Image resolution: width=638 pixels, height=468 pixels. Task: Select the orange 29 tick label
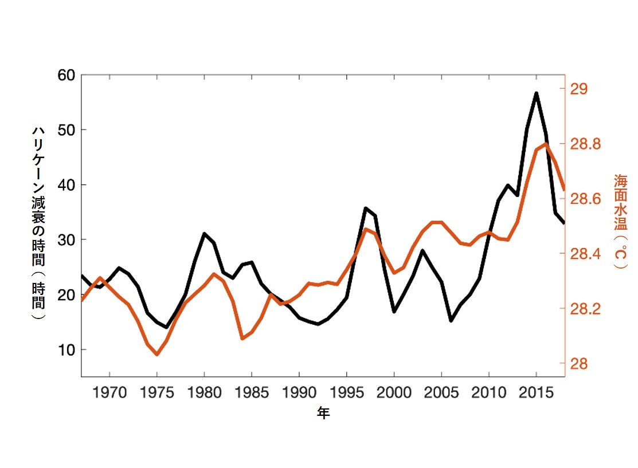(579, 89)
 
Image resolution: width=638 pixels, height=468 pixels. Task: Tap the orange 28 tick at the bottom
(579, 364)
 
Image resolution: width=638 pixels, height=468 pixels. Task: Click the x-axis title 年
(323, 414)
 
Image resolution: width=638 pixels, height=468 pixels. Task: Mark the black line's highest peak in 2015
(537, 93)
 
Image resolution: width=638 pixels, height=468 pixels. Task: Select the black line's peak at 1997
(365, 208)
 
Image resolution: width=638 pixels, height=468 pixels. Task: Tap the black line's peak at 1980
(204, 234)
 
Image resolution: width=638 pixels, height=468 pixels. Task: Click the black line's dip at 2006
(451, 320)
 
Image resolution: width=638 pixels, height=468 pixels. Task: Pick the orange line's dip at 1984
(242, 339)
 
